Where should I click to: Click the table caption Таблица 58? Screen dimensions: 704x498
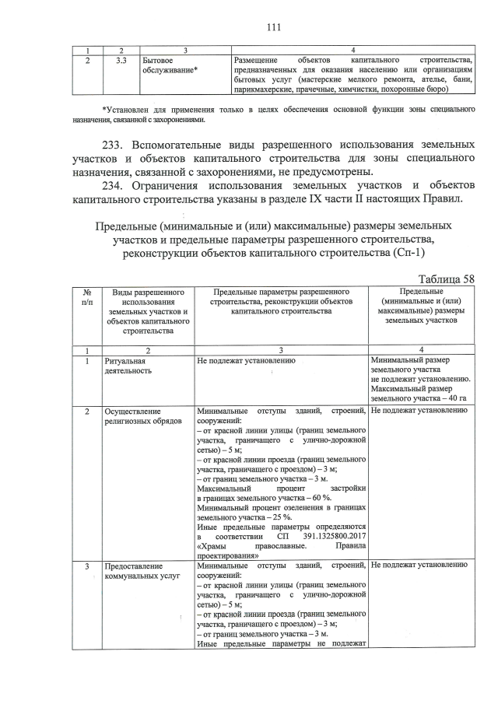coord(446,279)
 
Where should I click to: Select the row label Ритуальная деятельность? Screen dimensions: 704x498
coord(129,366)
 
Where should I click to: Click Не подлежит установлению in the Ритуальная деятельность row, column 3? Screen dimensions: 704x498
coord(247,361)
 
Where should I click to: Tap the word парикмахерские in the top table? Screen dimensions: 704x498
coord(265,89)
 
